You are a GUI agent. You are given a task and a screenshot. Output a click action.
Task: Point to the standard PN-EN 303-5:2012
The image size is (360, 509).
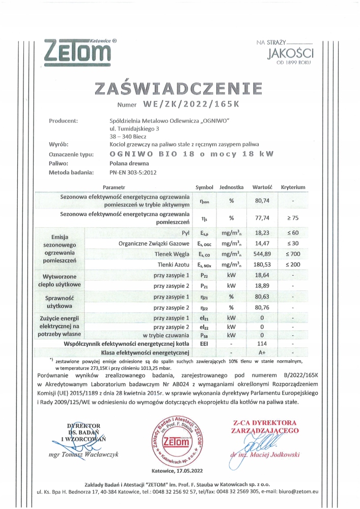133,172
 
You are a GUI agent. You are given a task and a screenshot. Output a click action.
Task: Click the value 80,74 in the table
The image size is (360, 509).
263,200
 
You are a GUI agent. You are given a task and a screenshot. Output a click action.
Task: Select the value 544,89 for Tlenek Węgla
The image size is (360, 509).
263,254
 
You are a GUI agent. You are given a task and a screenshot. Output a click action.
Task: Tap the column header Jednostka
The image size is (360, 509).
232,187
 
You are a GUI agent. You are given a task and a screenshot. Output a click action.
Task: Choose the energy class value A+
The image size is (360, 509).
263,352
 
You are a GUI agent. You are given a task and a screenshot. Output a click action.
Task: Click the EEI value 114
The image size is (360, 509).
263,344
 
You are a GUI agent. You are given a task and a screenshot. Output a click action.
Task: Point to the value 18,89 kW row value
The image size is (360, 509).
263,286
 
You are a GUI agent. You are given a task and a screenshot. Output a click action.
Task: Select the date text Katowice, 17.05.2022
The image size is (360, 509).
177,471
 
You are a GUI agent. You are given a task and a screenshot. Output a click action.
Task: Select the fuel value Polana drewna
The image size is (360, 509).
129,164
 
